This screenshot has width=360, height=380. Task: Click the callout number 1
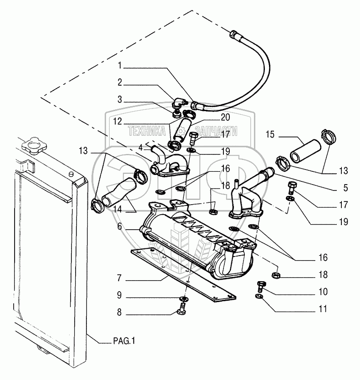120,65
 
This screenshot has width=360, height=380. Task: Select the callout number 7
119,278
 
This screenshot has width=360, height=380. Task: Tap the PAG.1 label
124,341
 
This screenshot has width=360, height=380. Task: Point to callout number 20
225,117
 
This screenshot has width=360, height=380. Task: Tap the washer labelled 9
183,298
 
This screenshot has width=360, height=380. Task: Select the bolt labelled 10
261,286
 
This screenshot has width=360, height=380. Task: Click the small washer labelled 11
259,296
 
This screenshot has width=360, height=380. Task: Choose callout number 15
270,134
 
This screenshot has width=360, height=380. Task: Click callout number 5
345,188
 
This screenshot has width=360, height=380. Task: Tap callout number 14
117,209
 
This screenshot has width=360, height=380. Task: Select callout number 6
120,226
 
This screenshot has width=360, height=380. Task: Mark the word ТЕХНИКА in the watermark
147,131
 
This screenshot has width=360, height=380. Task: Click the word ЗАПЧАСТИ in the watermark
216,131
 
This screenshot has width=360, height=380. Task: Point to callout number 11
323,309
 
